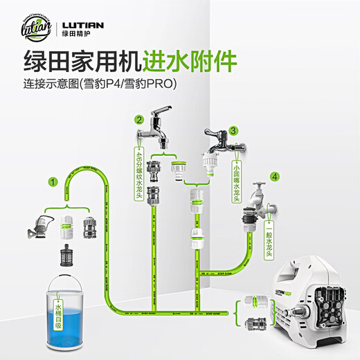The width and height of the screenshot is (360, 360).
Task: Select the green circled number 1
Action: (52, 182)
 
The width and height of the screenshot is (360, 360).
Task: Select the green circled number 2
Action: (139, 119)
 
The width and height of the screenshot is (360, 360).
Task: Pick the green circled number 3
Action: (234, 129)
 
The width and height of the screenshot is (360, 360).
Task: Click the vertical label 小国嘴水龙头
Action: (236, 181)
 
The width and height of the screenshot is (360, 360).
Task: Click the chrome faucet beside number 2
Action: (161, 125)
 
